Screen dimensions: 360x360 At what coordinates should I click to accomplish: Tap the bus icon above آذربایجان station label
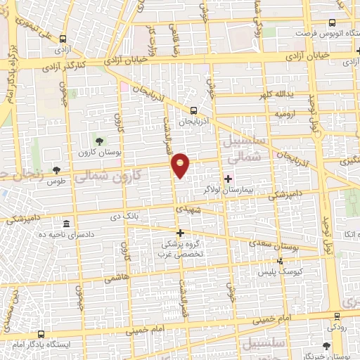point(194,110)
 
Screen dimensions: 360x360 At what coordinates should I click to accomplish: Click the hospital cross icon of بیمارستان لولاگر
point(227,179)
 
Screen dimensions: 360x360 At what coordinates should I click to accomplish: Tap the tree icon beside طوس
point(56,171)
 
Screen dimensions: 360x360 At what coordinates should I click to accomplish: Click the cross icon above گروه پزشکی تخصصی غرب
point(180,233)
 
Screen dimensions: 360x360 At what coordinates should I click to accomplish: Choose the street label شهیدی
point(189,210)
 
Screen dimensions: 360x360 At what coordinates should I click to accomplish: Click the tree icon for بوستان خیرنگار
point(326,345)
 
